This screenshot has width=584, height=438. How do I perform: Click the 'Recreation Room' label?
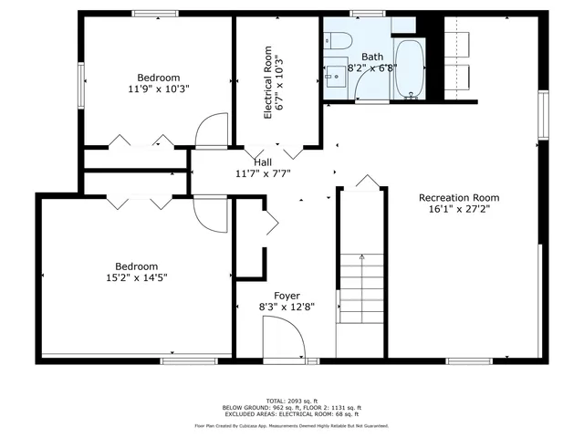(x=459, y=197)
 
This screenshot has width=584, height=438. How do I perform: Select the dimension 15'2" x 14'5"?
(x=136, y=276)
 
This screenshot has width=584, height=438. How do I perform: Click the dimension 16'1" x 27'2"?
(x=459, y=209)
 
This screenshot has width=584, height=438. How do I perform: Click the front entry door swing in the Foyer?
(x=285, y=342)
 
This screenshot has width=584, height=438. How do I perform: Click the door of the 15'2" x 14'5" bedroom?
(x=209, y=212)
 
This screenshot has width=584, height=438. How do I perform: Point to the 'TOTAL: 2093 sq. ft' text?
(x=292, y=401)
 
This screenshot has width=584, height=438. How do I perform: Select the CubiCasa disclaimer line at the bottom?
(x=292, y=425)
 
